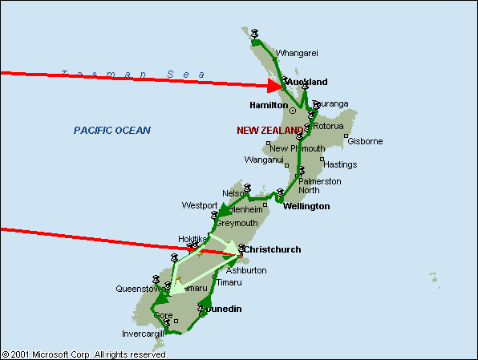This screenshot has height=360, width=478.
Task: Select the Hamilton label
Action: (x=268, y=105)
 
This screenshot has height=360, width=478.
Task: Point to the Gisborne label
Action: (x=365, y=142)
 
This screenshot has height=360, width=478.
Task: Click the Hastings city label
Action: (x=340, y=165)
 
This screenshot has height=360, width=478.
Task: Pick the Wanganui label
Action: (x=264, y=160)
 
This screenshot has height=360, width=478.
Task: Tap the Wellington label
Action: (x=306, y=207)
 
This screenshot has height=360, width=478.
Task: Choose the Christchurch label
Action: (x=272, y=250)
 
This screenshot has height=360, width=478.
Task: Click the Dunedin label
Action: (x=224, y=309)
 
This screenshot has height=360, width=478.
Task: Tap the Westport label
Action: (x=199, y=205)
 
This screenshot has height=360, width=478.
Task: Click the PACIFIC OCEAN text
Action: (x=111, y=130)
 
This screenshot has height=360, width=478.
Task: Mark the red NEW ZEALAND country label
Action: (x=270, y=130)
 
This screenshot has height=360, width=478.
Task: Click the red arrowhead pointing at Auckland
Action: (x=276, y=84)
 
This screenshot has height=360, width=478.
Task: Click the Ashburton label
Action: (x=246, y=271)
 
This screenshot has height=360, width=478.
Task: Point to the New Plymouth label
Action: (x=298, y=148)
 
